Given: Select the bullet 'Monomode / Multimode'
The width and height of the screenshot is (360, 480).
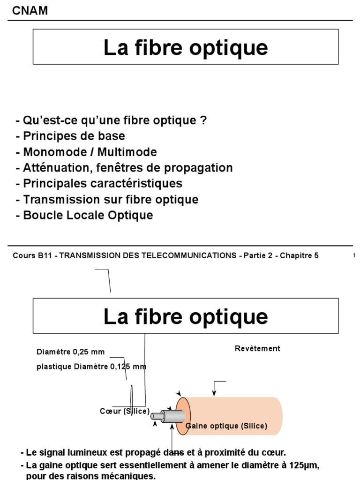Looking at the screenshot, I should [x=86, y=152].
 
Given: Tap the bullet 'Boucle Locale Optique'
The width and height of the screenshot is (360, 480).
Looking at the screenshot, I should [x=84, y=216].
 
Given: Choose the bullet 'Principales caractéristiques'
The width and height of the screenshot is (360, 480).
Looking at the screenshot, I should [x=99, y=184].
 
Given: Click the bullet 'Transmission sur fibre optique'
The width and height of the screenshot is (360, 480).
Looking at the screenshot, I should [x=107, y=200].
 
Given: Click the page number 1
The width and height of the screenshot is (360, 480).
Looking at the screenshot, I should [x=354, y=255].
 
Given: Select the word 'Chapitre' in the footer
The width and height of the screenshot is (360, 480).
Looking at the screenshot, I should [x=296, y=255].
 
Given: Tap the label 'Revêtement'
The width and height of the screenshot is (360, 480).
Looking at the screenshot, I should [x=257, y=348].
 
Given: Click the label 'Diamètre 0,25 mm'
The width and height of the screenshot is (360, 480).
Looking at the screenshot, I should [x=70, y=352].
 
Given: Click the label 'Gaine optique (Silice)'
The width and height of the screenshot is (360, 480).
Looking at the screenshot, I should [x=227, y=426].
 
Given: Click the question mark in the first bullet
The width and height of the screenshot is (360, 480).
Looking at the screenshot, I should [x=203, y=120].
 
